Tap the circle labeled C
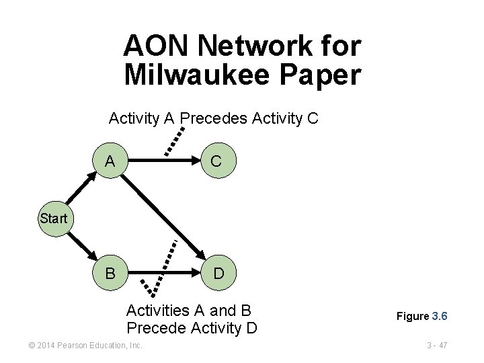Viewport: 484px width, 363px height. tap(216, 161)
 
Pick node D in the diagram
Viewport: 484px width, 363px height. tap(218, 274)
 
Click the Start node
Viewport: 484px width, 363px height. tap(54, 218)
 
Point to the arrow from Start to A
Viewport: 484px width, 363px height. tap(79, 191)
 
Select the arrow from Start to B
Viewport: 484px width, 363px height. tap(79, 245)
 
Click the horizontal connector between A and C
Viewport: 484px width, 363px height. tap(162, 161)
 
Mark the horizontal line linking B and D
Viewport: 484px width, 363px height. tap(162, 274)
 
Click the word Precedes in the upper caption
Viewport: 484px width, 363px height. tap(213, 119)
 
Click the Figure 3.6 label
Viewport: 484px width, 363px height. tap(421, 316)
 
